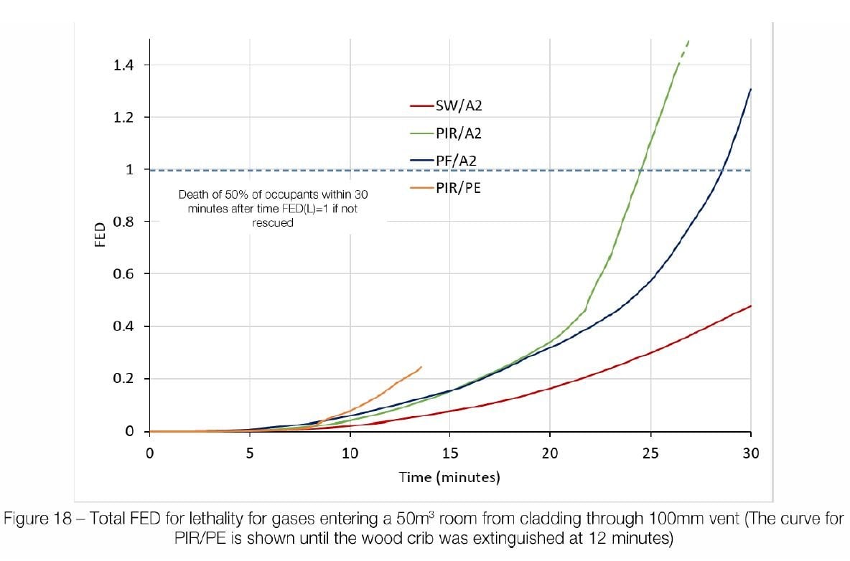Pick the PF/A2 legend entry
coord(456,161)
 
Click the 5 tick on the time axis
coord(249,453)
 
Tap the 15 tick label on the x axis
coord(449,453)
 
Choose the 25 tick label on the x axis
coord(650,453)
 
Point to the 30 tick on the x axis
coord(750,453)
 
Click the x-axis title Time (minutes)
coord(449,477)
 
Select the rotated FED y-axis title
coord(101,235)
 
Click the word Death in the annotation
coord(195,194)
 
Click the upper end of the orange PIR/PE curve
coord(421,367)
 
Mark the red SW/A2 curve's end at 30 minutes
coord(750,306)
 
